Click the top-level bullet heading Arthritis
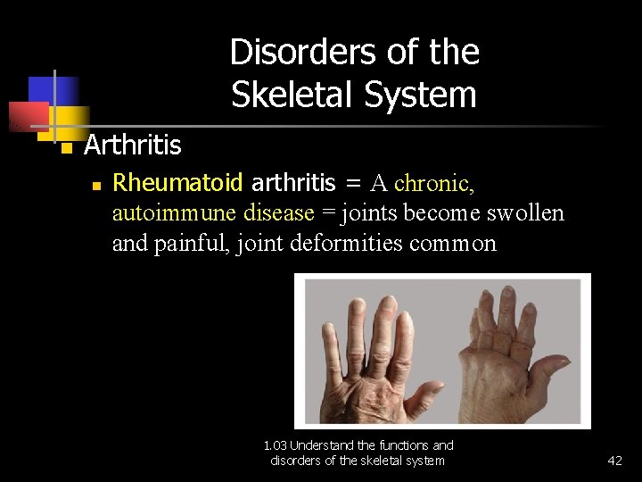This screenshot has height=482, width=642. click(x=132, y=145)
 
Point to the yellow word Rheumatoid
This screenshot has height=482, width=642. click(x=178, y=183)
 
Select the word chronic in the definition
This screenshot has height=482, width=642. click(x=434, y=183)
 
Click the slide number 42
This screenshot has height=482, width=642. click(x=614, y=461)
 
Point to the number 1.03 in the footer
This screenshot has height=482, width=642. click(x=276, y=445)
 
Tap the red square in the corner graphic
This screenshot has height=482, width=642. click(x=27, y=115)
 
